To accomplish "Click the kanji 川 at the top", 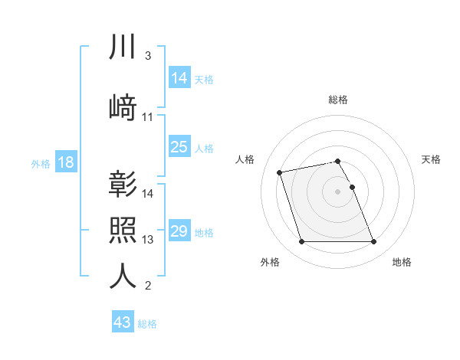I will coord(123,47).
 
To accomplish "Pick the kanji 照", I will coord(123,231).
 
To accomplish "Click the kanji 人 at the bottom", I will coord(123,277).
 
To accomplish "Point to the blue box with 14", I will coord(179,77).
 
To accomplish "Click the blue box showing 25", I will coord(179,147).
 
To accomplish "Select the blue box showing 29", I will coord(179,231).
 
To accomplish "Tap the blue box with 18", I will coord(65,162).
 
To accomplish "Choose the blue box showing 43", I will coord(123,322).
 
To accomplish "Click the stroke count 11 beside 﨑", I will coord(148,117).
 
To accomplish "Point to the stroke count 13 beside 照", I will coord(148,240).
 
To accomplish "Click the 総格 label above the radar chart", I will coord(338,100).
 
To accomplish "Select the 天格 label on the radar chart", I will coord(432,159).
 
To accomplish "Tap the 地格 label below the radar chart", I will coord(402,262).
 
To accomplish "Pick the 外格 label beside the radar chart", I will coord(270,262).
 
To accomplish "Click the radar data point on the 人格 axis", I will coord(280,172).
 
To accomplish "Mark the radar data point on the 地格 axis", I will coord(373,242).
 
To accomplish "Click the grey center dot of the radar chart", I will coord(338,191).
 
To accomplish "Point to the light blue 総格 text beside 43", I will coord(147,324).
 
